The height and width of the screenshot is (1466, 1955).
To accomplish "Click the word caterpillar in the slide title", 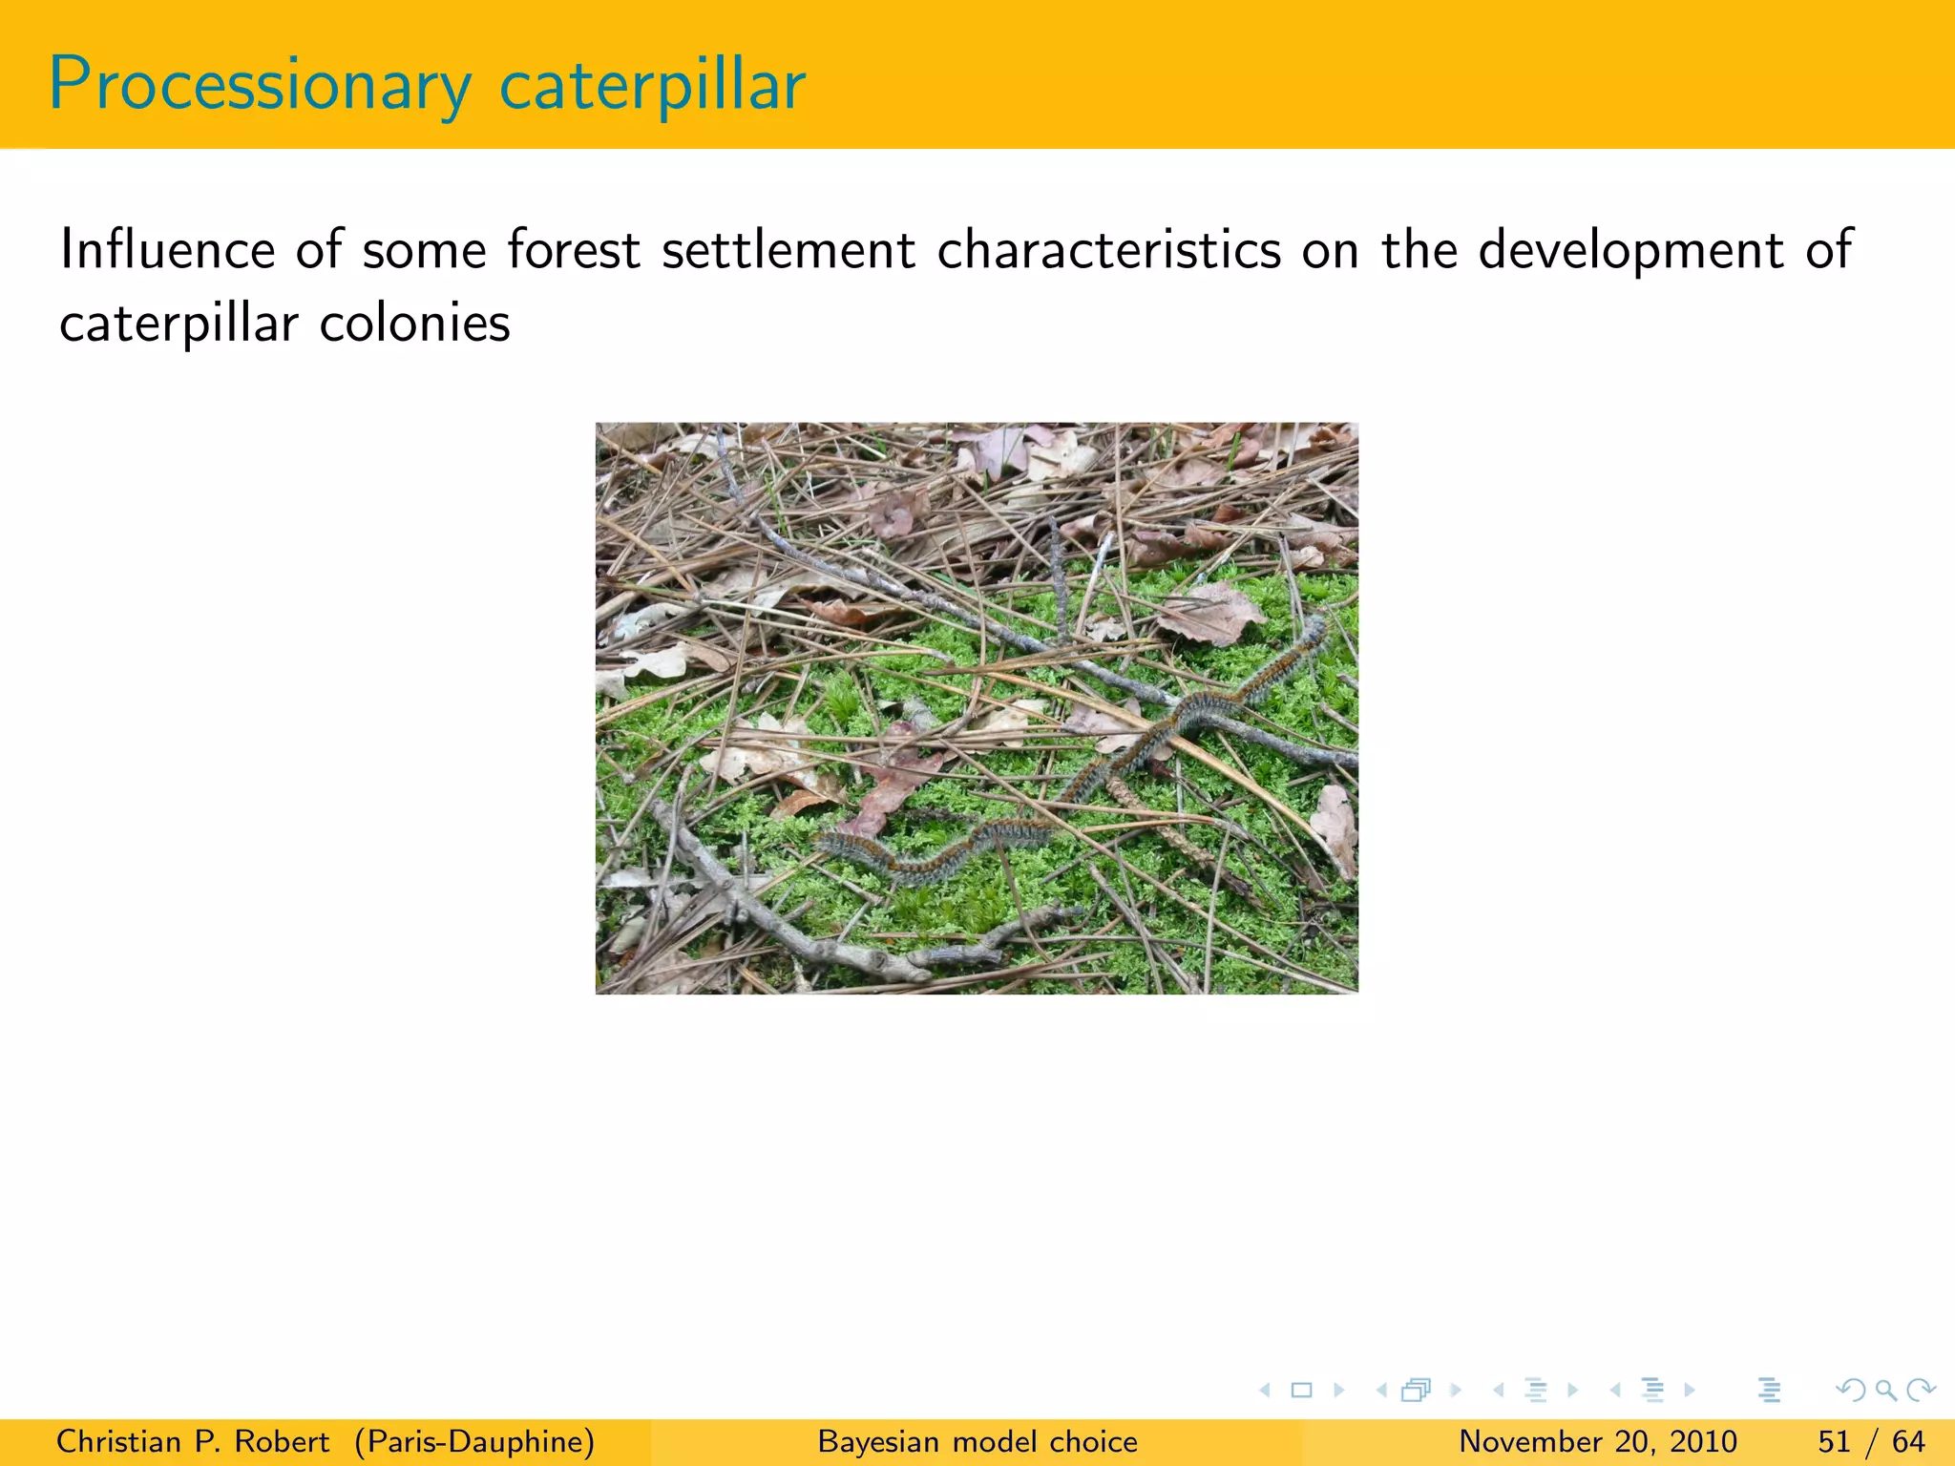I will [652, 86].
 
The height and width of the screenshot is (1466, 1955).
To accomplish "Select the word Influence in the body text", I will [167, 250].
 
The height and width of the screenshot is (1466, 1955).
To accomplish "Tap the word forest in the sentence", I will [573, 250].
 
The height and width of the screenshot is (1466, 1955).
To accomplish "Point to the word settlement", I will [788, 250].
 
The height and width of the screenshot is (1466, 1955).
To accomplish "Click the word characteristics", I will [1108, 250].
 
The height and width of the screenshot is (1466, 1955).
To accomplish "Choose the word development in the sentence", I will [1630, 250].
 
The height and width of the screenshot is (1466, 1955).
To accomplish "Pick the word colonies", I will [414, 325].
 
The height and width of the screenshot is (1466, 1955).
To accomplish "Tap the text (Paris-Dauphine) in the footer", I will [474, 1441].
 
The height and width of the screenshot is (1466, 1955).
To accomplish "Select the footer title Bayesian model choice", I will [977, 1441].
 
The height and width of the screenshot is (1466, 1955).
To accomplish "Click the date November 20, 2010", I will [1597, 1441].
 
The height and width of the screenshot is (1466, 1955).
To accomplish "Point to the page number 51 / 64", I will [1871, 1441].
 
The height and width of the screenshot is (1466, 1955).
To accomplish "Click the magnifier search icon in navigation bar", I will [1885, 1391].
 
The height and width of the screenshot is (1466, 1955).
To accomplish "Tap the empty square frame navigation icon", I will [1301, 1391].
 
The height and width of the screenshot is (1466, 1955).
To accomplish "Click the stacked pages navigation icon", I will [1416, 1391].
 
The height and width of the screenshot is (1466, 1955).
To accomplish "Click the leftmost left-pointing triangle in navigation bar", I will [1265, 1391].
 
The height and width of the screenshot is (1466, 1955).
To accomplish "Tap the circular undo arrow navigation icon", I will [1850, 1391].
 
